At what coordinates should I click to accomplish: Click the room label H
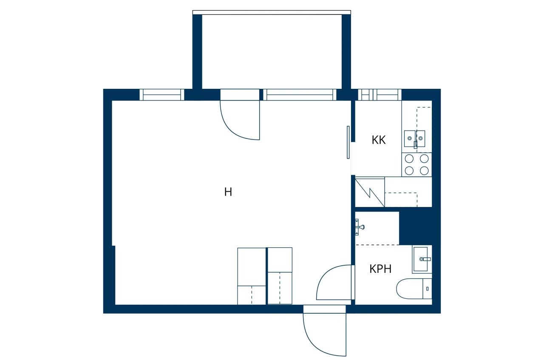tap(228, 192)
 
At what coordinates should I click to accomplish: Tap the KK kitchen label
tap(378, 140)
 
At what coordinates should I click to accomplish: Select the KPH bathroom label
tap(380, 269)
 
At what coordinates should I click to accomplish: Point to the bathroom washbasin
tap(422, 259)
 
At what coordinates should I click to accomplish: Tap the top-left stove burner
tap(409, 159)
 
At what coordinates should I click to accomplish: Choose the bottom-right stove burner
tap(424, 170)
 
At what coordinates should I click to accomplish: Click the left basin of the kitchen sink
tap(409, 137)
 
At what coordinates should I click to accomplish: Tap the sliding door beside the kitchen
tap(348, 142)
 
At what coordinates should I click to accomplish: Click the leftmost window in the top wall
tap(162, 95)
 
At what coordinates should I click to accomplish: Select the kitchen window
tap(379, 95)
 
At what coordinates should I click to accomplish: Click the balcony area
tap(272, 51)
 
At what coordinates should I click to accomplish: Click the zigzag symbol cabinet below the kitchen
tap(370, 192)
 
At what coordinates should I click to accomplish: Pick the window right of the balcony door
tap(300, 95)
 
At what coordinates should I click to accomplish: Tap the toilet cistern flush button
tap(427, 288)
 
